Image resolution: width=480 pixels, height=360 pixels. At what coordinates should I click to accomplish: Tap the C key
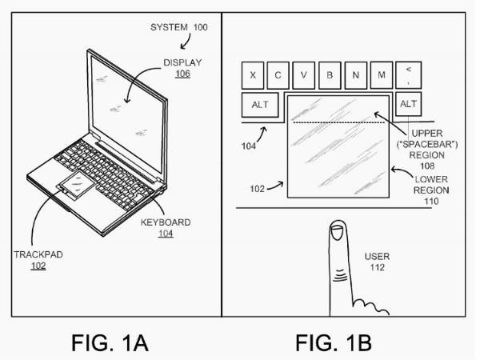tap(278, 76)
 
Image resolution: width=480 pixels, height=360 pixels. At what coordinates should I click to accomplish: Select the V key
tap(304, 76)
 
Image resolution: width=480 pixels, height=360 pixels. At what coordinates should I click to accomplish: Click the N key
tap(355, 76)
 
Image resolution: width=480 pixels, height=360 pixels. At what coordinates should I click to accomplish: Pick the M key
tap(381, 76)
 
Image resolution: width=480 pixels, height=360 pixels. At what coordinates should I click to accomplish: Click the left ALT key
tap(261, 105)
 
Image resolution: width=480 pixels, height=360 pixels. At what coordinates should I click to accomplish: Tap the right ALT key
tap(408, 104)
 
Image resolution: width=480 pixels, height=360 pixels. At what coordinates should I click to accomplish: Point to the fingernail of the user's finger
tap(337, 234)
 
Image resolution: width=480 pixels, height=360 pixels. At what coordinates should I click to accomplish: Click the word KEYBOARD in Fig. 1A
tap(166, 222)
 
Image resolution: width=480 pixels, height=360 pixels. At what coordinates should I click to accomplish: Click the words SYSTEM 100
tap(179, 28)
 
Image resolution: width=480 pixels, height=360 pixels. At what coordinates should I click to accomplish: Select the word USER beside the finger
tap(377, 257)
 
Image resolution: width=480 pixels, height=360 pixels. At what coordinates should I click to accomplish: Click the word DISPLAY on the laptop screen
tap(182, 62)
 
